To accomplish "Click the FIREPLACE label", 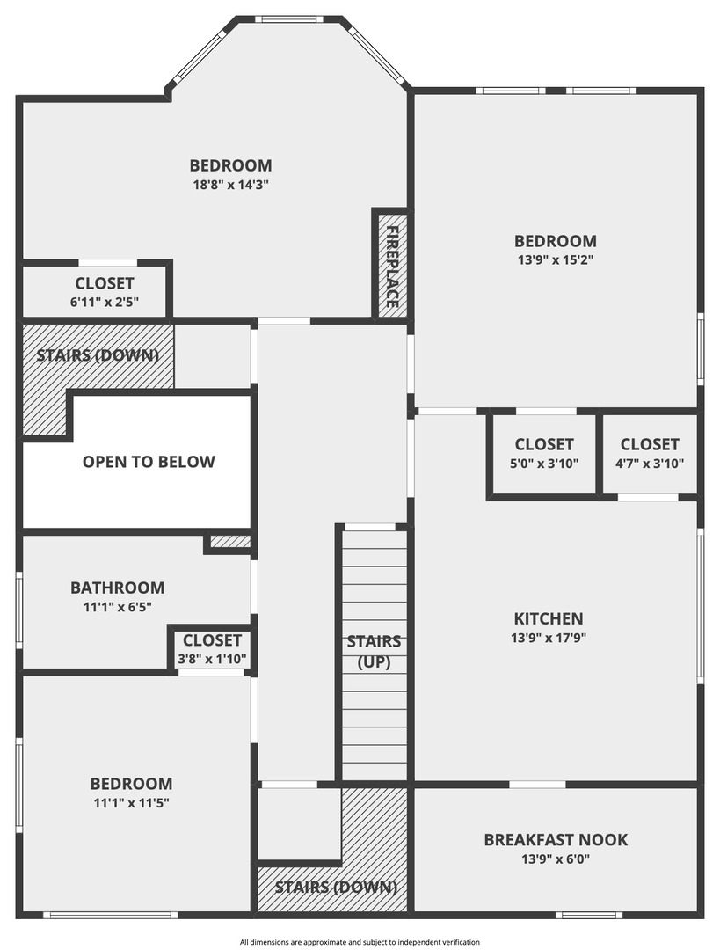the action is click(x=392, y=267).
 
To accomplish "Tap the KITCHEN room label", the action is click(x=549, y=618).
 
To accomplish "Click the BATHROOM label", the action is click(x=118, y=588).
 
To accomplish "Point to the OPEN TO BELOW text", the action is click(x=149, y=462).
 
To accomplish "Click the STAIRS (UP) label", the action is click(x=374, y=651).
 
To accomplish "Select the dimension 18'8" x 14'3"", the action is click(x=230, y=185).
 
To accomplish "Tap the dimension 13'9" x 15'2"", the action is click(x=556, y=259).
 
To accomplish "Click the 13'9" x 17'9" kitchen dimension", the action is click(x=549, y=638).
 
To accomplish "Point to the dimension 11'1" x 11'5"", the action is click(x=131, y=803).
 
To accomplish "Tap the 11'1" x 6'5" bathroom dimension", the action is click(x=118, y=606).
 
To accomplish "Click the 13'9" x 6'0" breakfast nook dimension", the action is click(x=556, y=859).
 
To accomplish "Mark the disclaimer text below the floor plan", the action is click(x=360, y=942).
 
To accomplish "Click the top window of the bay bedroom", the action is click(x=285, y=19).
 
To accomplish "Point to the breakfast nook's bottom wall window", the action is click(x=589, y=915).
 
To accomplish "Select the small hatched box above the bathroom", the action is click(x=230, y=541).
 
